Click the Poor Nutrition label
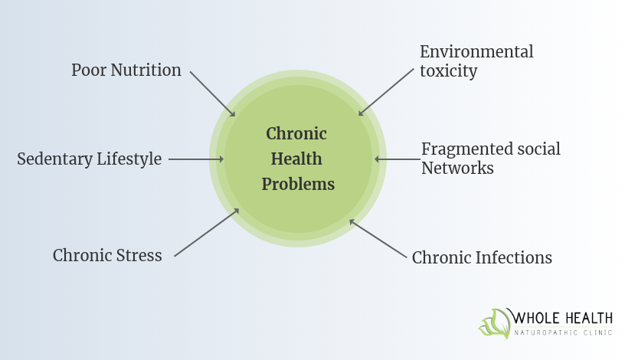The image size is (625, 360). pyautogui.click(x=126, y=70)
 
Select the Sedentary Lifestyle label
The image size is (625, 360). pyautogui.click(x=90, y=159)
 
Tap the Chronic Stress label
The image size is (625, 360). pyautogui.click(x=107, y=255)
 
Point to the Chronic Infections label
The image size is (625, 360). pyautogui.click(x=482, y=257)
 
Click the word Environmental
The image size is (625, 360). pyautogui.click(x=476, y=52)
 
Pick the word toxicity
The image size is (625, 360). pyautogui.click(x=448, y=71)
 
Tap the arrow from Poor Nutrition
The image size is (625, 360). pyautogui.click(x=212, y=93)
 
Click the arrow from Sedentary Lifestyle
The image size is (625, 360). pyautogui.click(x=195, y=159)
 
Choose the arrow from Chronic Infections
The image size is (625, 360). pyautogui.click(x=377, y=237)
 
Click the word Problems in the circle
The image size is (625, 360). pyautogui.click(x=298, y=185)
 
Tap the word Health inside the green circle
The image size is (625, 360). pyautogui.click(x=296, y=159)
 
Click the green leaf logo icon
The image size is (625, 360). pyautogui.click(x=495, y=323)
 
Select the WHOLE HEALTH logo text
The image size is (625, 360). pyautogui.click(x=563, y=318)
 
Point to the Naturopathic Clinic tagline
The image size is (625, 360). pyautogui.click(x=563, y=333)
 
